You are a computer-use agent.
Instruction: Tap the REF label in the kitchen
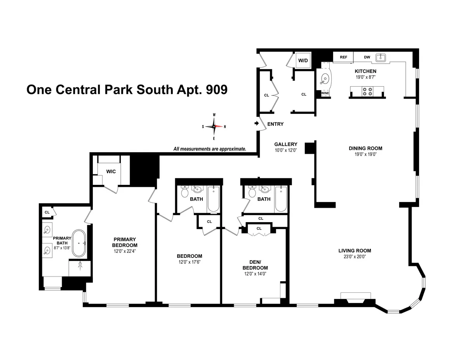pos(343,57)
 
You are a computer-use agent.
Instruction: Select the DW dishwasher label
pos(367,57)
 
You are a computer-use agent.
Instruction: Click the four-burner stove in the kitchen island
pos(367,92)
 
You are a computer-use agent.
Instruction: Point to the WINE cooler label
pos(325,93)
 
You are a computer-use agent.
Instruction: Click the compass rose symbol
pos(214,127)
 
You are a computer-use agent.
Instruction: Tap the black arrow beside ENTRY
pos(256,123)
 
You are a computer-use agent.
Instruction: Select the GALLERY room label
pos(286,144)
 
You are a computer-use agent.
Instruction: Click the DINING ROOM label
pos(365,148)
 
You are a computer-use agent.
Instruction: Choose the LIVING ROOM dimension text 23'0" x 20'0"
pos(355,257)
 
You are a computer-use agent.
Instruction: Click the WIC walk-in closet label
pos(111,171)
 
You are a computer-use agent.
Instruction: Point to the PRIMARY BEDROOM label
pos(125,242)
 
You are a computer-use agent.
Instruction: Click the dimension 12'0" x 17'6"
pos(190,262)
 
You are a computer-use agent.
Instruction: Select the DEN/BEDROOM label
pos(255,265)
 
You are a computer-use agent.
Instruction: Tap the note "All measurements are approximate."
pos(210,149)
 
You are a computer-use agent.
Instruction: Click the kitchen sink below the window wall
pos(381,57)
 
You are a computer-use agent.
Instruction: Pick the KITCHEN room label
pos(365,71)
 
